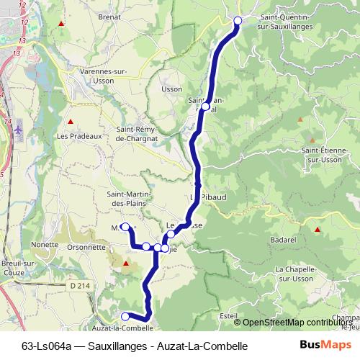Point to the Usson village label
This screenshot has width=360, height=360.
point(173,89)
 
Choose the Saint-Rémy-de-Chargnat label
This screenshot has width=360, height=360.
point(140,134)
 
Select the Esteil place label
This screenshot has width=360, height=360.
point(228,315)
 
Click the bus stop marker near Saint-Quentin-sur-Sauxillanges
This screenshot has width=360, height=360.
point(238,20)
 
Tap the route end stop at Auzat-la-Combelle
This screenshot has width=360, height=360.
point(125,316)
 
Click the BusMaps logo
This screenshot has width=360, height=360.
point(321,346)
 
